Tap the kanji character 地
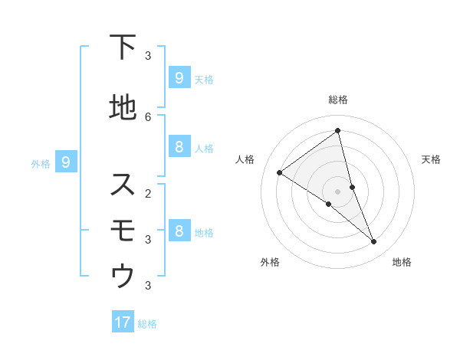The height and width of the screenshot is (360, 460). pyautogui.click(x=123, y=108)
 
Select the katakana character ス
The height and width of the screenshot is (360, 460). pyautogui.click(x=123, y=185)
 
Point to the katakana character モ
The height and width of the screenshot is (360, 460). pyautogui.click(x=123, y=231)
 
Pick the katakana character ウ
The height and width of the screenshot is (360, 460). pyautogui.click(x=123, y=277)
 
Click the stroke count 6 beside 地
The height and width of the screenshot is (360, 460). pyautogui.click(x=148, y=116)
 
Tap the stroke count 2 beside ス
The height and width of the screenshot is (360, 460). pyautogui.click(x=148, y=193)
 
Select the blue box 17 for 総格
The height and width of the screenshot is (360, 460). pyautogui.click(x=123, y=322)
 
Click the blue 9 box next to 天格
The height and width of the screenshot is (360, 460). pyautogui.click(x=179, y=77)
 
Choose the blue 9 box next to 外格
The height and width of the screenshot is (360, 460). pyautogui.click(x=66, y=162)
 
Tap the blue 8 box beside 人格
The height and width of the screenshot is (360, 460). pyautogui.click(x=179, y=147)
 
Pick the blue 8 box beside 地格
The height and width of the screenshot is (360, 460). pyautogui.click(x=179, y=231)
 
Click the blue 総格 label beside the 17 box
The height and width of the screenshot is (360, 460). pyautogui.click(x=147, y=324)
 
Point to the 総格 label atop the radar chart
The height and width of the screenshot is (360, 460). pyautogui.click(x=337, y=100)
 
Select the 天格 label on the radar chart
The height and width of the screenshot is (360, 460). pyautogui.click(x=432, y=159)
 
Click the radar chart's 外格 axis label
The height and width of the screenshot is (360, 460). pyautogui.click(x=270, y=262)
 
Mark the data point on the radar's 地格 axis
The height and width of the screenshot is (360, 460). pyautogui.click(x=374, y=241)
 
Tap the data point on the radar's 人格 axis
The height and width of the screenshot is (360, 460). pyautogui.click(x=279, y=172)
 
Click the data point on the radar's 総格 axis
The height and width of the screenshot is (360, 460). pyautogui.click(x=337, y=131)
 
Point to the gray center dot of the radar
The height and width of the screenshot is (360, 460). pyautogui.click(x=337, y=191)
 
